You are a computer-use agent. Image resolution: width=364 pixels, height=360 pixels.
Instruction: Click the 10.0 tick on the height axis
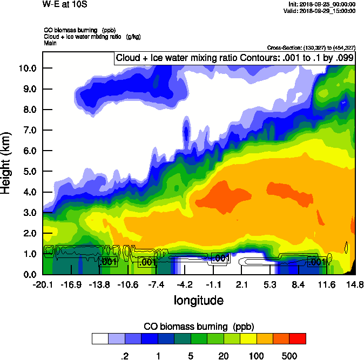coord(28,69)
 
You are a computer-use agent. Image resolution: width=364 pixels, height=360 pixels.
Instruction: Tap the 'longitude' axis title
coord(198,301)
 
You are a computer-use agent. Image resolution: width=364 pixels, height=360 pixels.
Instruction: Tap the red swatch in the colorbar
coord(298,338)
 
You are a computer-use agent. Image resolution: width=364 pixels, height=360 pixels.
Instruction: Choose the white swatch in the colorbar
coord(100,338)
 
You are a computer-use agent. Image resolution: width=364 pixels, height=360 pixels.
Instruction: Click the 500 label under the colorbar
coord(289,356)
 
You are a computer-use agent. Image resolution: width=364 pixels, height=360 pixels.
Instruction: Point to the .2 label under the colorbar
coord(124,356)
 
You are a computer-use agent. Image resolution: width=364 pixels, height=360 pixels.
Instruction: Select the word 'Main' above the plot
coord(50,43)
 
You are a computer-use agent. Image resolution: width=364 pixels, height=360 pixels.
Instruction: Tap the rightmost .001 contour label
coord(316,262)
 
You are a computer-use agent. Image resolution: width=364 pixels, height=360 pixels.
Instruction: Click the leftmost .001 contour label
coord(108,262)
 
